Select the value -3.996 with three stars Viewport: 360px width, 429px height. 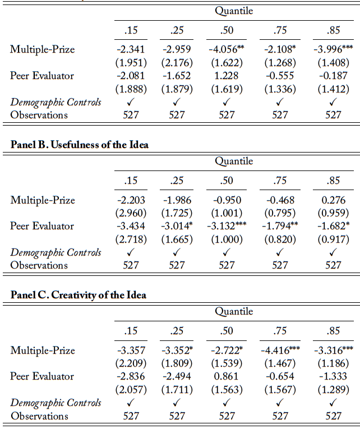[330, 49]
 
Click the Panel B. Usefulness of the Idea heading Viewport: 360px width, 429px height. [79, 145]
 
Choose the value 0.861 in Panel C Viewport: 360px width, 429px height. [227, 376]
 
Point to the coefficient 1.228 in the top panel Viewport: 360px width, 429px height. [227, 76]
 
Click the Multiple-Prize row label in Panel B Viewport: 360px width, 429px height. [42, 200]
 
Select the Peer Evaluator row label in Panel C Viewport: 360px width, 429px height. [42, 376]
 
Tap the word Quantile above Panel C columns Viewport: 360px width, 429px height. [234, 311]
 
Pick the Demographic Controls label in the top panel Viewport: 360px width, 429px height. [56, 102]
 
